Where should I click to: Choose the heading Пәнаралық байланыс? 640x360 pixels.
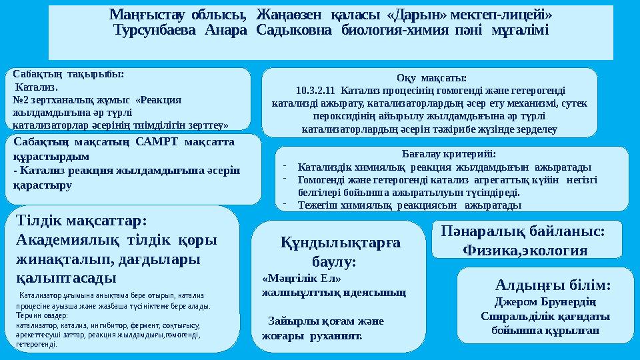coord(523,231)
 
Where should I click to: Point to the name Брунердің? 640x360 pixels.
coord(566,301)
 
